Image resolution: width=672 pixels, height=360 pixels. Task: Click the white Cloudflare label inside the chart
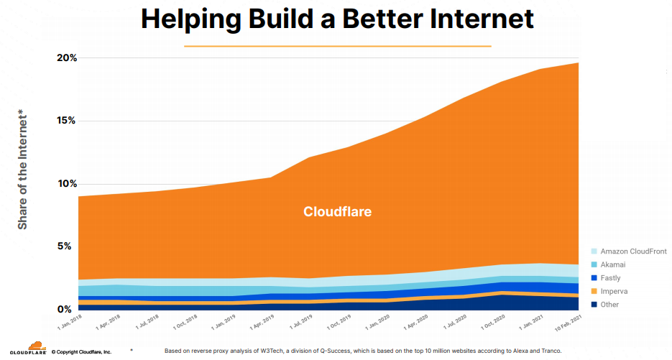click(337, 212)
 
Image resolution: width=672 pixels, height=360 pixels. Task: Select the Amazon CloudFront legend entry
click(632, 251)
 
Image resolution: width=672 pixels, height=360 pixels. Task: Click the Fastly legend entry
click(610, 278)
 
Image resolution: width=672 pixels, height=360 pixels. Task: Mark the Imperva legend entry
click(614, 291)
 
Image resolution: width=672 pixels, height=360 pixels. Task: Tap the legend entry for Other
click(609, 305)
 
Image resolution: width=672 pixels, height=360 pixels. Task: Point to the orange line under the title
click(337, 46)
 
